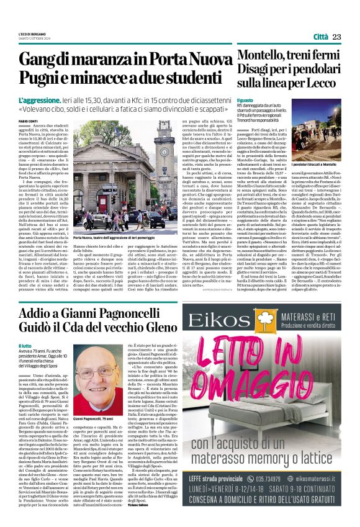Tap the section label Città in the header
click(x=320, y=37)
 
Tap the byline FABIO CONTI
click(x=29, y=120)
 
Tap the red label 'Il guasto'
click(x=245, y=100)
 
